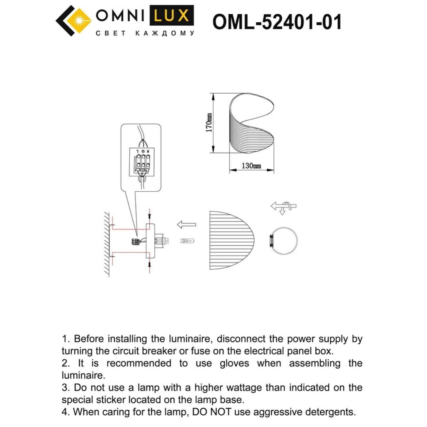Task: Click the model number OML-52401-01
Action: (x=277, y=22)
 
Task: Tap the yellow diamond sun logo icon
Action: (x=79, y=20)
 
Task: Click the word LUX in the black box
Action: (x=171, y=16)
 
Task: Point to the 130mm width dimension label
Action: (x=251, y=166)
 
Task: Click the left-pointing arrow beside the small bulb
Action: (x=186, y=225)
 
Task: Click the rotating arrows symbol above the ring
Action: (x=283, y=207)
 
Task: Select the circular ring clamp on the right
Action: (x=283, y=241)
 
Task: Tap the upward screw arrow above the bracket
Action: (x=149, y=216)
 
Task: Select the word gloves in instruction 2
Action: (x=234, y=363)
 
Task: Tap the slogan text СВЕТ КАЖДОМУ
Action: (x=145, y=33)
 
